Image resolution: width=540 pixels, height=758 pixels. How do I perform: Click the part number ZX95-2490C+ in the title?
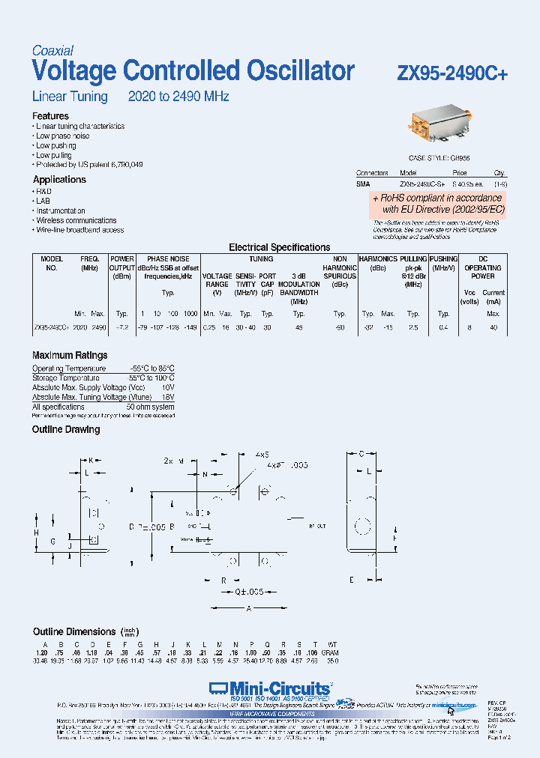[452, 73]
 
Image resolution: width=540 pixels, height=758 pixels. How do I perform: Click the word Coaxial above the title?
[52, 51]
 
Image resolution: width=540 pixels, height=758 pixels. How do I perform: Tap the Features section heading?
[50, 116]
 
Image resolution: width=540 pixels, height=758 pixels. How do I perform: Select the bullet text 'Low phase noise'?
[63, 136]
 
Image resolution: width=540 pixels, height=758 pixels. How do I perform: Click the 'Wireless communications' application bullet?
[76, 221]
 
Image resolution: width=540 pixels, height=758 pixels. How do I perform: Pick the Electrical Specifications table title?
[279, 247]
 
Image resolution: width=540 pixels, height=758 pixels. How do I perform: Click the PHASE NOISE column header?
[168, 259]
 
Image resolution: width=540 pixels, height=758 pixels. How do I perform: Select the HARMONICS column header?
[377, 259]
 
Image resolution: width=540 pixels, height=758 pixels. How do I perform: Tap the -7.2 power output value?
[122, 328]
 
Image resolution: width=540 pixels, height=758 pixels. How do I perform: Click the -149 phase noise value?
[190, 328]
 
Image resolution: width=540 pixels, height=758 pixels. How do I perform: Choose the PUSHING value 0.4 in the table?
[443, 328]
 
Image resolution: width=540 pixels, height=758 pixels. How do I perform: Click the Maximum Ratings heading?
[70, 355]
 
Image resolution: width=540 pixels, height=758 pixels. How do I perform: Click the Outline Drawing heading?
[66, 430]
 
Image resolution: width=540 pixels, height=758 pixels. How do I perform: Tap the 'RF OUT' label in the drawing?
[317, 527]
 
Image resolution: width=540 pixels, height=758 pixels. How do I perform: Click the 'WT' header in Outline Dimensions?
[333, 644]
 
